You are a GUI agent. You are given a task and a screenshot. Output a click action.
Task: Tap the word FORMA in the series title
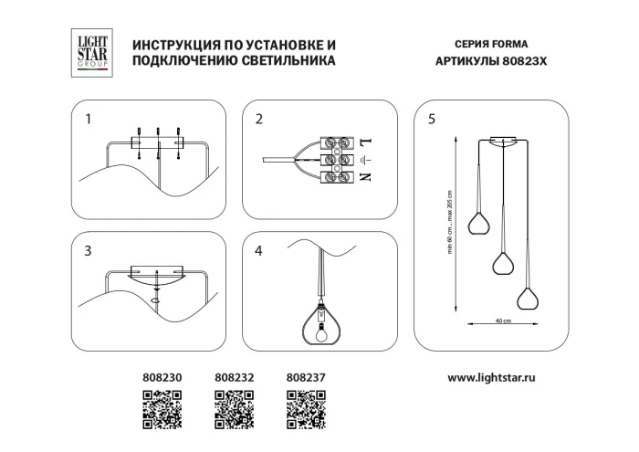[x=510, y=44]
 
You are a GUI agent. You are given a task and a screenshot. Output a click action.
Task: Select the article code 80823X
[x=531, y=61]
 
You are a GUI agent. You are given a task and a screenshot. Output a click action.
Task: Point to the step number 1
[x=89, y=119]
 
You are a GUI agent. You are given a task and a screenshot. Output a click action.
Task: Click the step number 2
[x=259, y=119]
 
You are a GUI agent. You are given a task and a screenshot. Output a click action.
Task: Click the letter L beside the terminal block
[x=366, y=142]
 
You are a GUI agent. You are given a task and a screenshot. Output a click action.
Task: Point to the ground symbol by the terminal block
[x=366, y=160]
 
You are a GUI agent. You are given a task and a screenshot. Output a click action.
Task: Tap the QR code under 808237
[x=306, y=408]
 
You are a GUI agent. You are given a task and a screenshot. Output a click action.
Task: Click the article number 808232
[x=235, y=376]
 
